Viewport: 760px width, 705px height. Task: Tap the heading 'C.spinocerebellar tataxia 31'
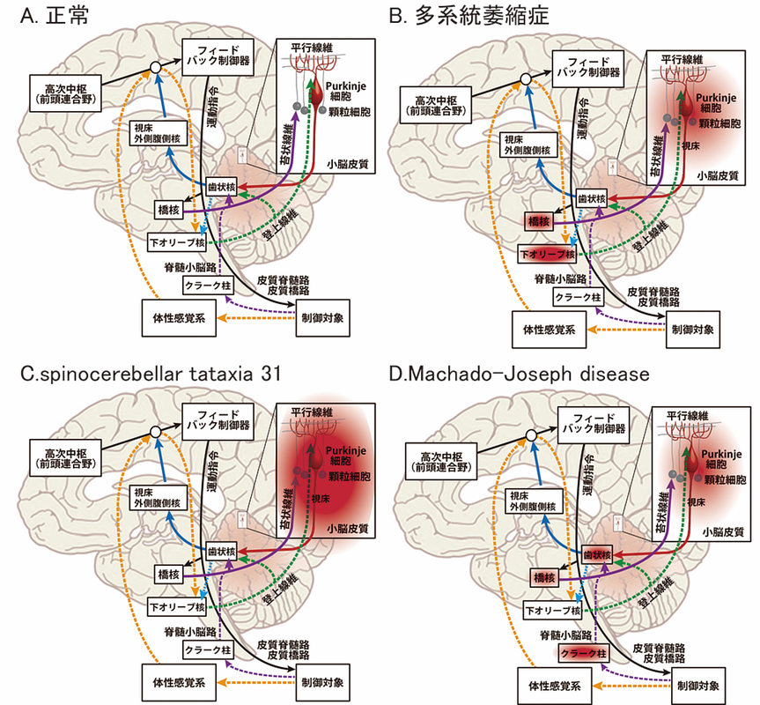pyautogui.click(x=151, y=374)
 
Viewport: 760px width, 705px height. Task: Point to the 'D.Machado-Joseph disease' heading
pyautogui.click(x=519, y=374)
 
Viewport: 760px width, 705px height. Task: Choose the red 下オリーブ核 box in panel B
pyautogui.click(x=545, y=254)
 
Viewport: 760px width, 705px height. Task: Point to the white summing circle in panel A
pyautogui.click(x=157, y=67)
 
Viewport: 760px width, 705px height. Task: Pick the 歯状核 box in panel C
pyautogui.click(x=221, y=552)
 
